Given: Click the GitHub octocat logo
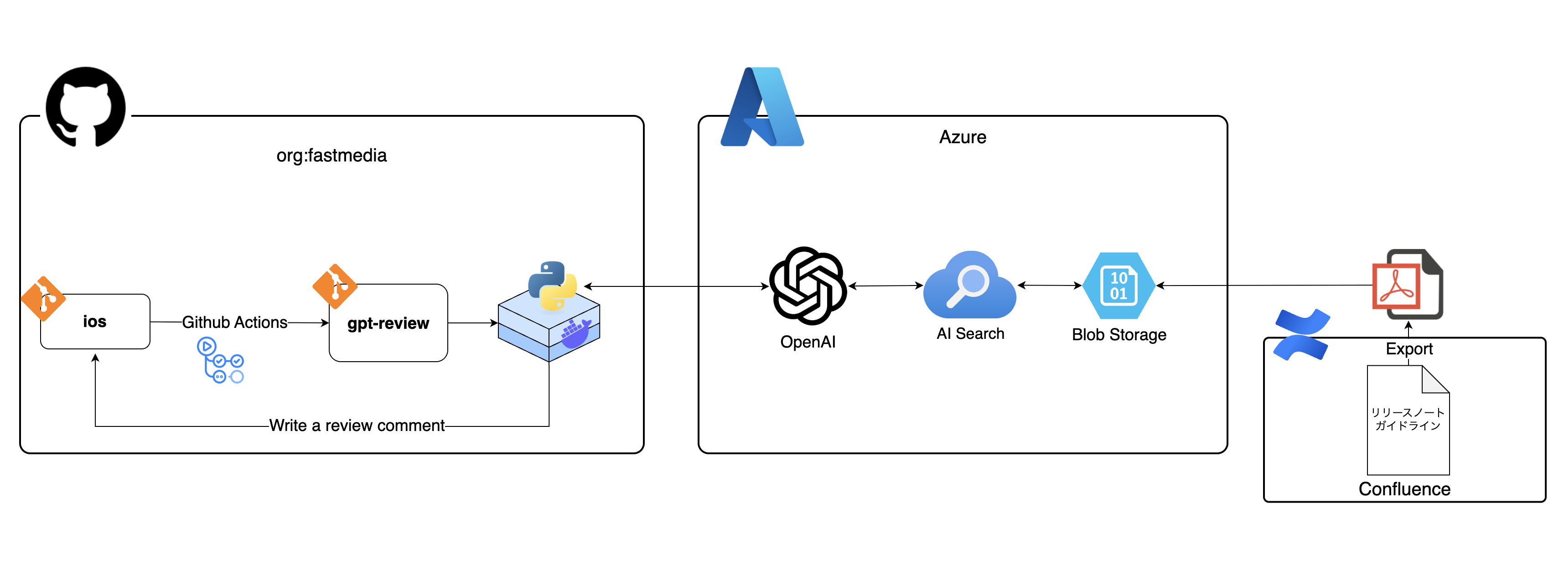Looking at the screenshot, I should point(86,107).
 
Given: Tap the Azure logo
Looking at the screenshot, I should point(762,107).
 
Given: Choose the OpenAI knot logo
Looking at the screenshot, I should point(808,285).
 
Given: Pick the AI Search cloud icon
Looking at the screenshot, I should point(969,285).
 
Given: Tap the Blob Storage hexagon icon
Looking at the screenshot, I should point(1119,285).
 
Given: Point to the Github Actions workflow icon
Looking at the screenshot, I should point(220,360).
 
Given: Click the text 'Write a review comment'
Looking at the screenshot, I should point(357,425).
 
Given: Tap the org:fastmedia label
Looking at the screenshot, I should point(331,156).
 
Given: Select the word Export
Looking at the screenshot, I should point(1409,349).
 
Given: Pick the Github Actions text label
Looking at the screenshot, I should point(234,322).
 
